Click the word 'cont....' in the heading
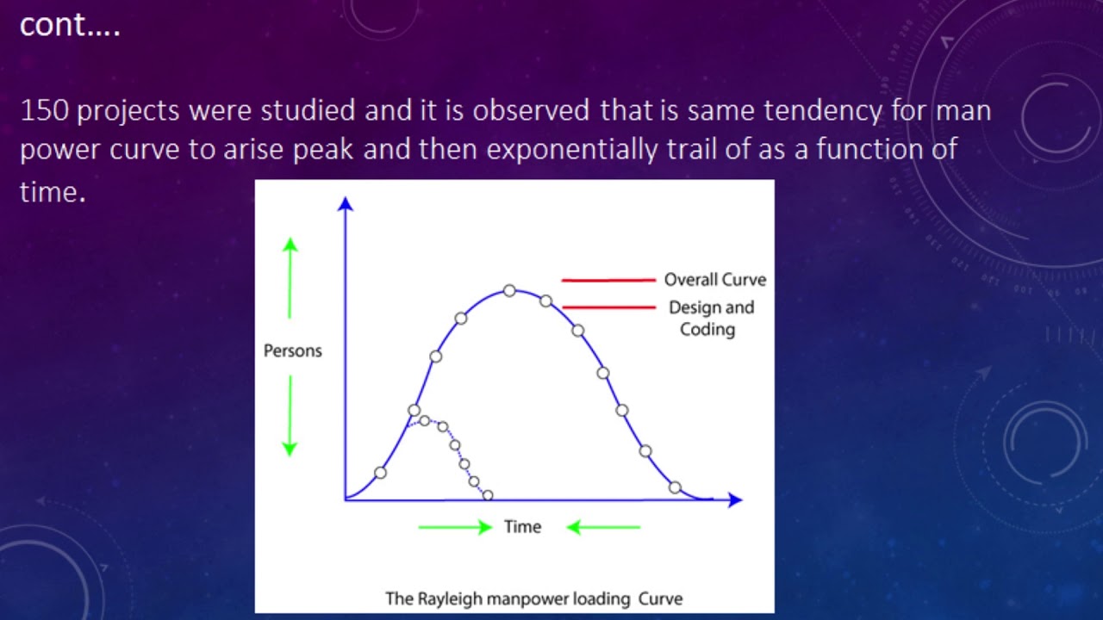[x=70, y=26]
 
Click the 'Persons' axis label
[x=293, y=350]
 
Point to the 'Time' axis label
[x=522, y=527]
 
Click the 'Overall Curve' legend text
[x=714, y=280]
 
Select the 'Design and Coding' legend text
[x=710, y=318]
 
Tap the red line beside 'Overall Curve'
[x=608, y=280]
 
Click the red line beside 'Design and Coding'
[x=608, y=307]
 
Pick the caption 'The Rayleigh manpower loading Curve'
[x=533, y=598]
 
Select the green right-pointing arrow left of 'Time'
[x=455, y=527]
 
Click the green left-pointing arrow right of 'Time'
[x=603, y=527]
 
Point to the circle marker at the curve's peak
[x=509, y=291]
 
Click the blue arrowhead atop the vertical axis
[x=346, y=204]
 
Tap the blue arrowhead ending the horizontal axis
[x=734, y=499]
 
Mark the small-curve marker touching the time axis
[x=488, y=495]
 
